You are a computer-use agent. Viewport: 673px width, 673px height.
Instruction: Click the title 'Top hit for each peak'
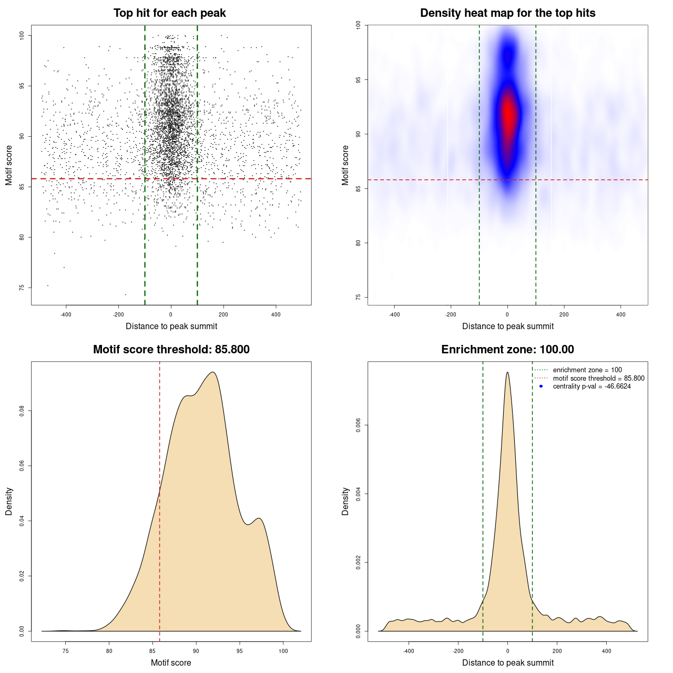coord(169,13)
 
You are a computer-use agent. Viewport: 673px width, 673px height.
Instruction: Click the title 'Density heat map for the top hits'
coord(507,13)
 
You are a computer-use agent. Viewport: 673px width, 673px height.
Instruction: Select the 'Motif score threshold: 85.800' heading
coord(171,350)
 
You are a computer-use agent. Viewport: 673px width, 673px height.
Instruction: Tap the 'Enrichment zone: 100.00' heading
coord(507,350)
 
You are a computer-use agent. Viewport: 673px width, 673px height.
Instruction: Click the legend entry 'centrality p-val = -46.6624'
coord(592,386)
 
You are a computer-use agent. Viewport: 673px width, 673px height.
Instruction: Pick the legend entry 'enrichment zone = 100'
coord(587,370)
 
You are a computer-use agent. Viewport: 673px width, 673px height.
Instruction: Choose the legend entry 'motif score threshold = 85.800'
coord(598,378)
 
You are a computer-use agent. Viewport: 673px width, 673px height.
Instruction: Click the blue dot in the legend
coord(541,386)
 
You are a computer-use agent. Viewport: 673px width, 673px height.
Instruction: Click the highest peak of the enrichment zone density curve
coord(507,372)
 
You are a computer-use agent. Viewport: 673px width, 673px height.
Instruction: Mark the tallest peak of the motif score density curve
coord(213,372)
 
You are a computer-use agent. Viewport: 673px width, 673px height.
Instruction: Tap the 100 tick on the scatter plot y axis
coord(22,35)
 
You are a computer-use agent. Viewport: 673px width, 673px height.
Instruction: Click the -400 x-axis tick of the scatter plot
coord(66,314)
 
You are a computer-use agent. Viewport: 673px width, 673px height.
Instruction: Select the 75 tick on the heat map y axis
coord(358,297)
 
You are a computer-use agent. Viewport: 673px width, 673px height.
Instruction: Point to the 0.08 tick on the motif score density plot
coord(22,411)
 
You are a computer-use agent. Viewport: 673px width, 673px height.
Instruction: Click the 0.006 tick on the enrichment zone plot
coord(358,425)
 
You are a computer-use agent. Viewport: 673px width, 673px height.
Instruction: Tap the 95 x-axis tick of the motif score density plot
coord(240,651)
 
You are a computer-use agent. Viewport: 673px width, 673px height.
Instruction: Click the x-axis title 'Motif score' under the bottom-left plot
coord(171,662)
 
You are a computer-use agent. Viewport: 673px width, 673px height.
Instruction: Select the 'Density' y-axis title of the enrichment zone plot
coord(345,501)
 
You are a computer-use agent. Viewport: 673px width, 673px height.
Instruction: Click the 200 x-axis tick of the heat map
coord(564,314)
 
